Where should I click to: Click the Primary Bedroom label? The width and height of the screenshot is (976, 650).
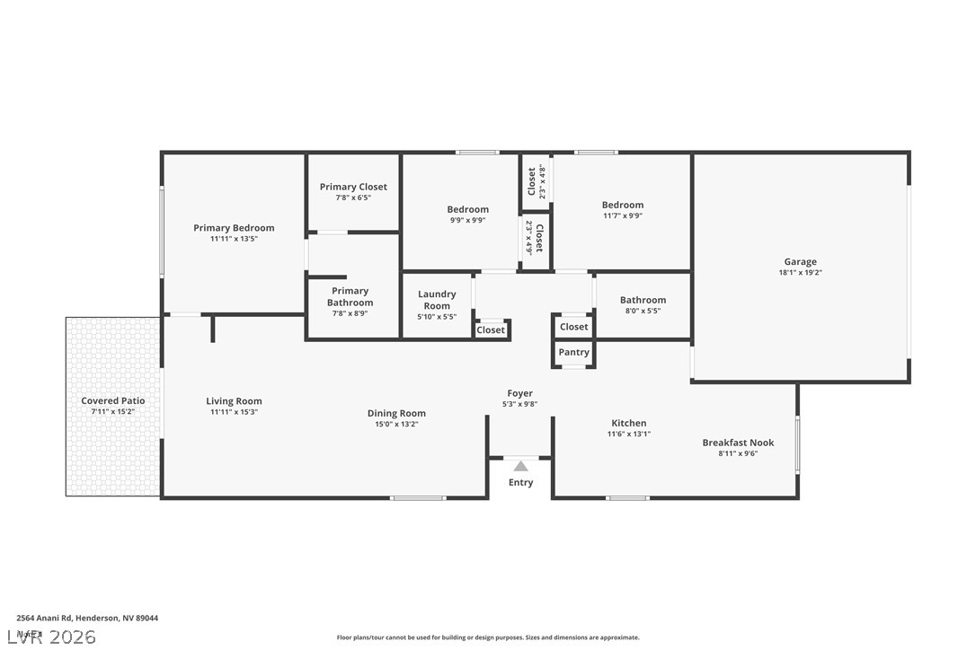234,228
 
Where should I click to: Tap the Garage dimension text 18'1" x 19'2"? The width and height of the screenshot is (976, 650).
800,273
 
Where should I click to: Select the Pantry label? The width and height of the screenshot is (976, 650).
573,353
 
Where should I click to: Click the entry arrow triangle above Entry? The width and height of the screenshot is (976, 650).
520,466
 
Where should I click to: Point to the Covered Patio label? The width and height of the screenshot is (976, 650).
113,401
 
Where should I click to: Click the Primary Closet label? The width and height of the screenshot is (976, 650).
353,187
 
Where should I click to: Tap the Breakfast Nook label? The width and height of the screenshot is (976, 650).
738,443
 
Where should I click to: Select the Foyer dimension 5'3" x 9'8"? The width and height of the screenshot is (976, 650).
519,405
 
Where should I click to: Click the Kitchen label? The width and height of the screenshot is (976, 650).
629,423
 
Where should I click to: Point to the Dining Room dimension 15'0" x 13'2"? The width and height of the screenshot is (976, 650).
396,425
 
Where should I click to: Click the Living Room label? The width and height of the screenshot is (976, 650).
234,401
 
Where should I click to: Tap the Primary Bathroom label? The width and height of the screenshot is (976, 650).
350,297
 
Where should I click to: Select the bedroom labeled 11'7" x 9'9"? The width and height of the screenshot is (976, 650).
623,206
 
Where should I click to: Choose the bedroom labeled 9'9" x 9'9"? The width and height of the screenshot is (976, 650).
468,210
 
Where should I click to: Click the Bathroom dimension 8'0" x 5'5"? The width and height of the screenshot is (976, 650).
643,312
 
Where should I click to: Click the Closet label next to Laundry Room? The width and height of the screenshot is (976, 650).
491,330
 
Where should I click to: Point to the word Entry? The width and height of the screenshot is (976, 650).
520,483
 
